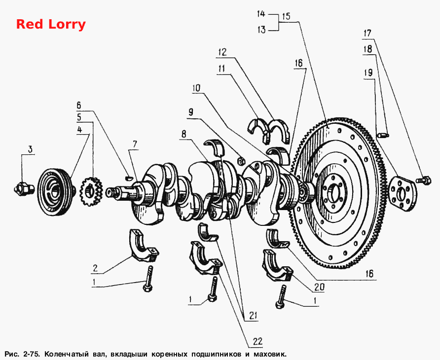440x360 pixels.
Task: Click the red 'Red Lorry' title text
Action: tap(51, 25)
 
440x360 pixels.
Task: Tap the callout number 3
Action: tap(30, 149)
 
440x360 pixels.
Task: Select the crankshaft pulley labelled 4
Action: tap(57, 192)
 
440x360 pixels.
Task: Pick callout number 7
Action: tap(135, 144)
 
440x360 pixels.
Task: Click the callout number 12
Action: tap(223, 52)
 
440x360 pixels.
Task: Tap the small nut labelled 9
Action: tap(241, 161)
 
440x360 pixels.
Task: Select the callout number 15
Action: tap(286, 16)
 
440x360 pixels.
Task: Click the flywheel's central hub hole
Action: tap(334, 194)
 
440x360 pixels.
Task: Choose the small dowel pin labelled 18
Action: tap(383, 135)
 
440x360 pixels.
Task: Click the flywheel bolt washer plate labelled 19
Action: tap(403, 194)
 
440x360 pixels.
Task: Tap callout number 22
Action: tap(257, 341)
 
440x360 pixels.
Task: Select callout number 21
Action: tap(253, 316)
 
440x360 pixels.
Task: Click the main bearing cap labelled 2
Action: tap(144, 246)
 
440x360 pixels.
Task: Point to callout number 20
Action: tap(319, 287)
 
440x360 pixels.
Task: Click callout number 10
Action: tap(196, 88)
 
